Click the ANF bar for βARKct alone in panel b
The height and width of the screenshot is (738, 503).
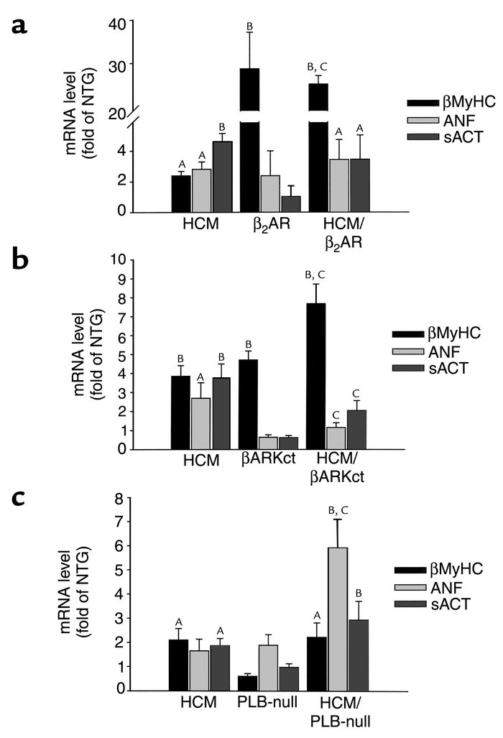tap(268, 442)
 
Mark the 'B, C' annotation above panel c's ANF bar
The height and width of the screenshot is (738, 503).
tap(337, 509)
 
